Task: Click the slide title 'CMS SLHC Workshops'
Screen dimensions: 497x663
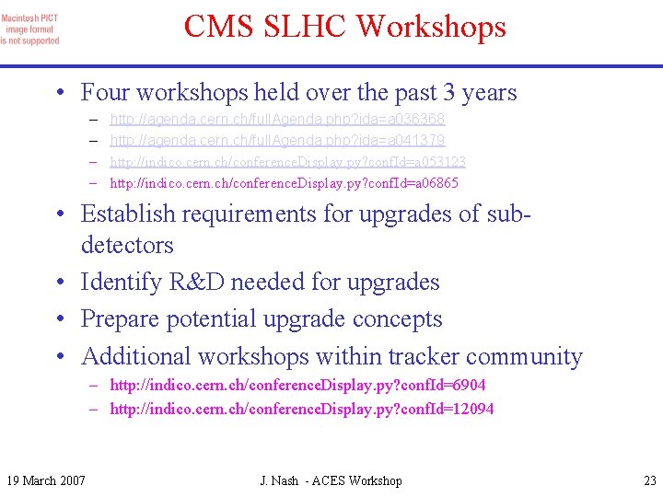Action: tap(344, 26)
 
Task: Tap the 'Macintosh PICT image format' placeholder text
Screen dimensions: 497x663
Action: tap(30, 29)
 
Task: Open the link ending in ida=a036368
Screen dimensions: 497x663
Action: tap(277, 120)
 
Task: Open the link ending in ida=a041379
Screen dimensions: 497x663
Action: tap(277, 141)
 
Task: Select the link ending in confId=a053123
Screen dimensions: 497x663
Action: tap(287, 162)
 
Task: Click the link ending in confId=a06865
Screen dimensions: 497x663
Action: tap(284, 183)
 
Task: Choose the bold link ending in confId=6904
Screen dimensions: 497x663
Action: tap(297, 386)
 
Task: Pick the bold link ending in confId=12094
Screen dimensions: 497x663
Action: tap(301, 409)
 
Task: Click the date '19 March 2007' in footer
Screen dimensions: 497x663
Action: tap(46, 480)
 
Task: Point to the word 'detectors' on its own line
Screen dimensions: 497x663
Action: tap(127, 246)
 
